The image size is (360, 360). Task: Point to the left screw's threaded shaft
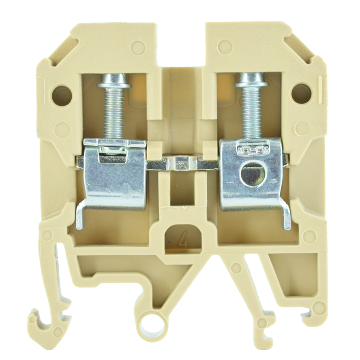pyautogui.click(x=115, y=112)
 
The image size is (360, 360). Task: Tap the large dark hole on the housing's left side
pyautogui.click(x=62, y=94)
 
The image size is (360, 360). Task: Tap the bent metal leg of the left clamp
pyautogui.click(x=80, y=216)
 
